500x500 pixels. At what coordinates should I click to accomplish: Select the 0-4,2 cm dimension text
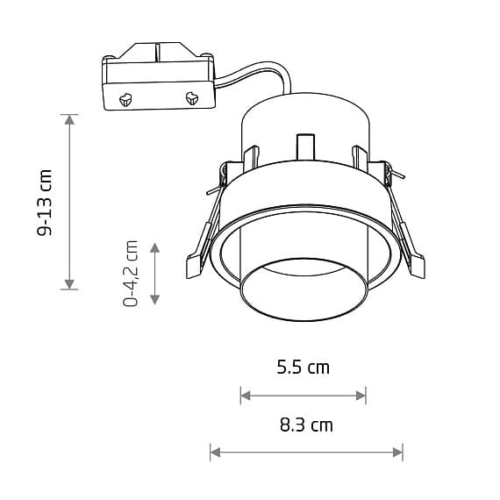coord(132,273)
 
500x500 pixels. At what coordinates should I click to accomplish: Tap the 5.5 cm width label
coord(303,368)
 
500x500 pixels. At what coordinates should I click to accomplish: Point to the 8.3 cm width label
coord(306,425)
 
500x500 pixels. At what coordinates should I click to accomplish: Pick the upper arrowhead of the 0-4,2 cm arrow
coord(155,247)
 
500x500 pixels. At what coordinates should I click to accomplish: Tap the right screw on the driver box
coord(191,98)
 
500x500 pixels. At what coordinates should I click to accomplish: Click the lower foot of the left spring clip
coord(195,267)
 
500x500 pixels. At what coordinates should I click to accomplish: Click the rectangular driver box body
coord(158,81)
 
